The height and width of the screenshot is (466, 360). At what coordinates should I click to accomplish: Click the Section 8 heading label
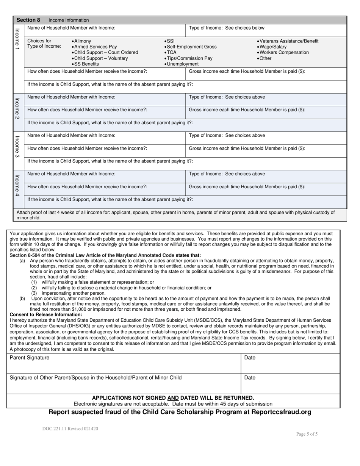(x=28, y=20)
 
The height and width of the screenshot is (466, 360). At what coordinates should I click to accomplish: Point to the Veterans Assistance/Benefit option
(x=289, y=41)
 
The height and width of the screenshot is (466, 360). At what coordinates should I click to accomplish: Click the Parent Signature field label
(x=30, y=358)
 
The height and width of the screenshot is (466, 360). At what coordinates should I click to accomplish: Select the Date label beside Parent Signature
(x=250, y=358)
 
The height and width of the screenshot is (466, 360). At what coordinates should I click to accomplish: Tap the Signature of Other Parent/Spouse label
(x=95, y=378)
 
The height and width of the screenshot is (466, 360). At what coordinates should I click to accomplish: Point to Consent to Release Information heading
(x=45, y=315)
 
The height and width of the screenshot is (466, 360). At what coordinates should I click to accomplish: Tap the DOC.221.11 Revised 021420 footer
(x=70, y=429)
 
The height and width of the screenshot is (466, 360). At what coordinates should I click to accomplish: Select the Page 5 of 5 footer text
(x=307, y=434)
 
